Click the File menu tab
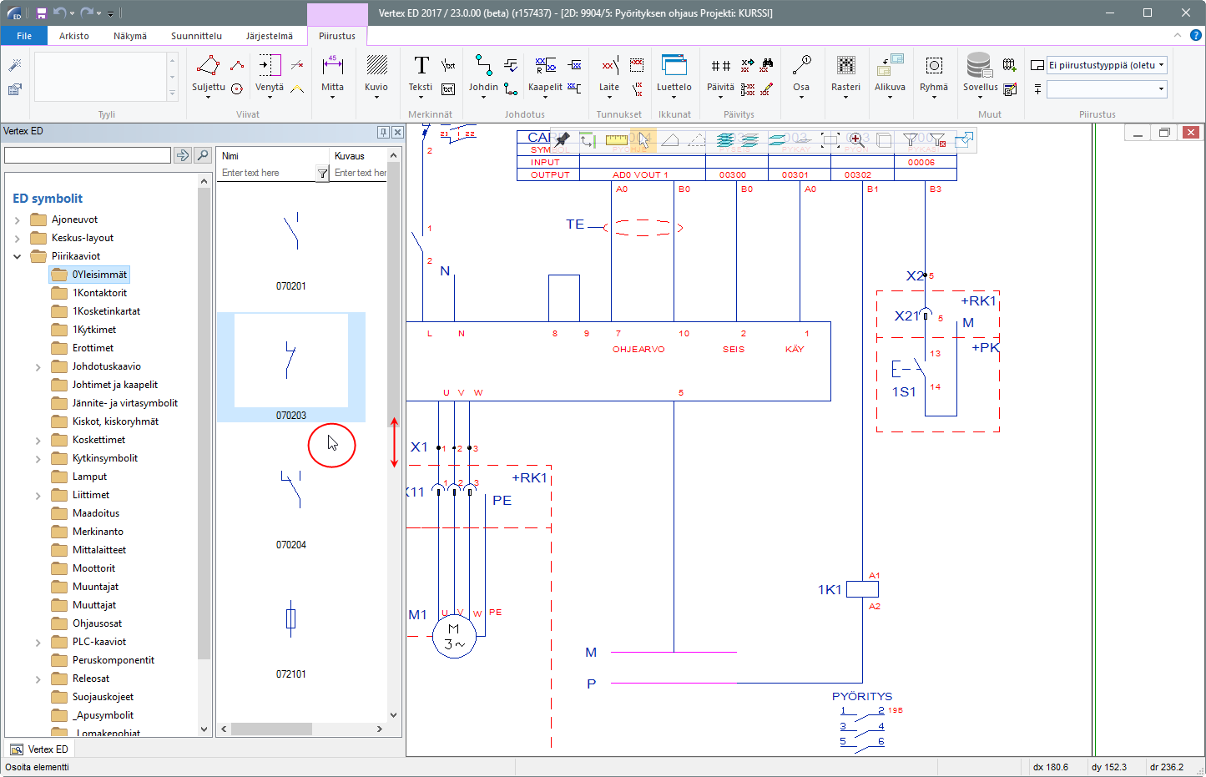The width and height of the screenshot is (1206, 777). [x=24, y=36]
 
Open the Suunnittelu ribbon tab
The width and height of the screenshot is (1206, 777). [x=196, y=36]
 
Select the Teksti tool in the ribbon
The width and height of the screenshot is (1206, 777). [x=421, y=73]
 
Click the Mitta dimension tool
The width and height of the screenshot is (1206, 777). [x=332, y=73]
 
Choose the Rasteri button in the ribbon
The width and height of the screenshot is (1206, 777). [x=845, y=73]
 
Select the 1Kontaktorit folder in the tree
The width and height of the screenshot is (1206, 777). [x=99, y=293]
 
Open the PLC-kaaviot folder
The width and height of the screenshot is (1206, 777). [x=99, y=642]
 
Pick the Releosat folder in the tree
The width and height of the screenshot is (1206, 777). [x=91, y=679]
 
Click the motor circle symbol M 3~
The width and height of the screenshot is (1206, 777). [x=454, y=637]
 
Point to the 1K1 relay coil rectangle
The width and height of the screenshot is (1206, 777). [x=862, y=589]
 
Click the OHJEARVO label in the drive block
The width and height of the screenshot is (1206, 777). [x=638, y=350]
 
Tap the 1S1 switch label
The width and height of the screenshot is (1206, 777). [x=904, y=391]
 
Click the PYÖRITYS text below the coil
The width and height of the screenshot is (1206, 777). [x=862, y=696]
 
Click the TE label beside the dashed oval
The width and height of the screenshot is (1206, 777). [x=575, y=225]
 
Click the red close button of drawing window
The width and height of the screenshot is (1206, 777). [x=1190, y=133]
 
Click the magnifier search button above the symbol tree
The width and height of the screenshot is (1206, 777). [x=203, y=155]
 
